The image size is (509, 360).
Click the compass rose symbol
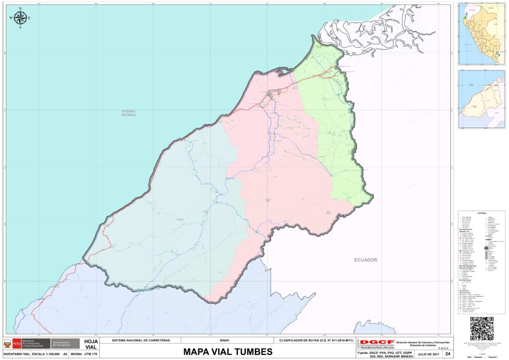coord(20,18)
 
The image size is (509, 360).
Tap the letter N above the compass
coord(20,8)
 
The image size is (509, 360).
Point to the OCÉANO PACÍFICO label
coord(129,113)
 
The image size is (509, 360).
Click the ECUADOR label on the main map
coord(366,260)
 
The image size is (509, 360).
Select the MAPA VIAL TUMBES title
coord(228,352)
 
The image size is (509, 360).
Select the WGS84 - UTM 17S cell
coord(85,354)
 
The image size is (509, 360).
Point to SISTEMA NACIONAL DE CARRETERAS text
coord(141,341)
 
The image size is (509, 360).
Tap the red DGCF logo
coord(377,343)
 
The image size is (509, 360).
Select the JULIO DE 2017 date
coord(428,354)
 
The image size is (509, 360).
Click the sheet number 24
coord(448,354)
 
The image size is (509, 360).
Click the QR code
coord(482,328)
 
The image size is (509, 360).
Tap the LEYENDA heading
coord(481,213)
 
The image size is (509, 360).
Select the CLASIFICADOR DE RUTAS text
coord(314,341)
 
